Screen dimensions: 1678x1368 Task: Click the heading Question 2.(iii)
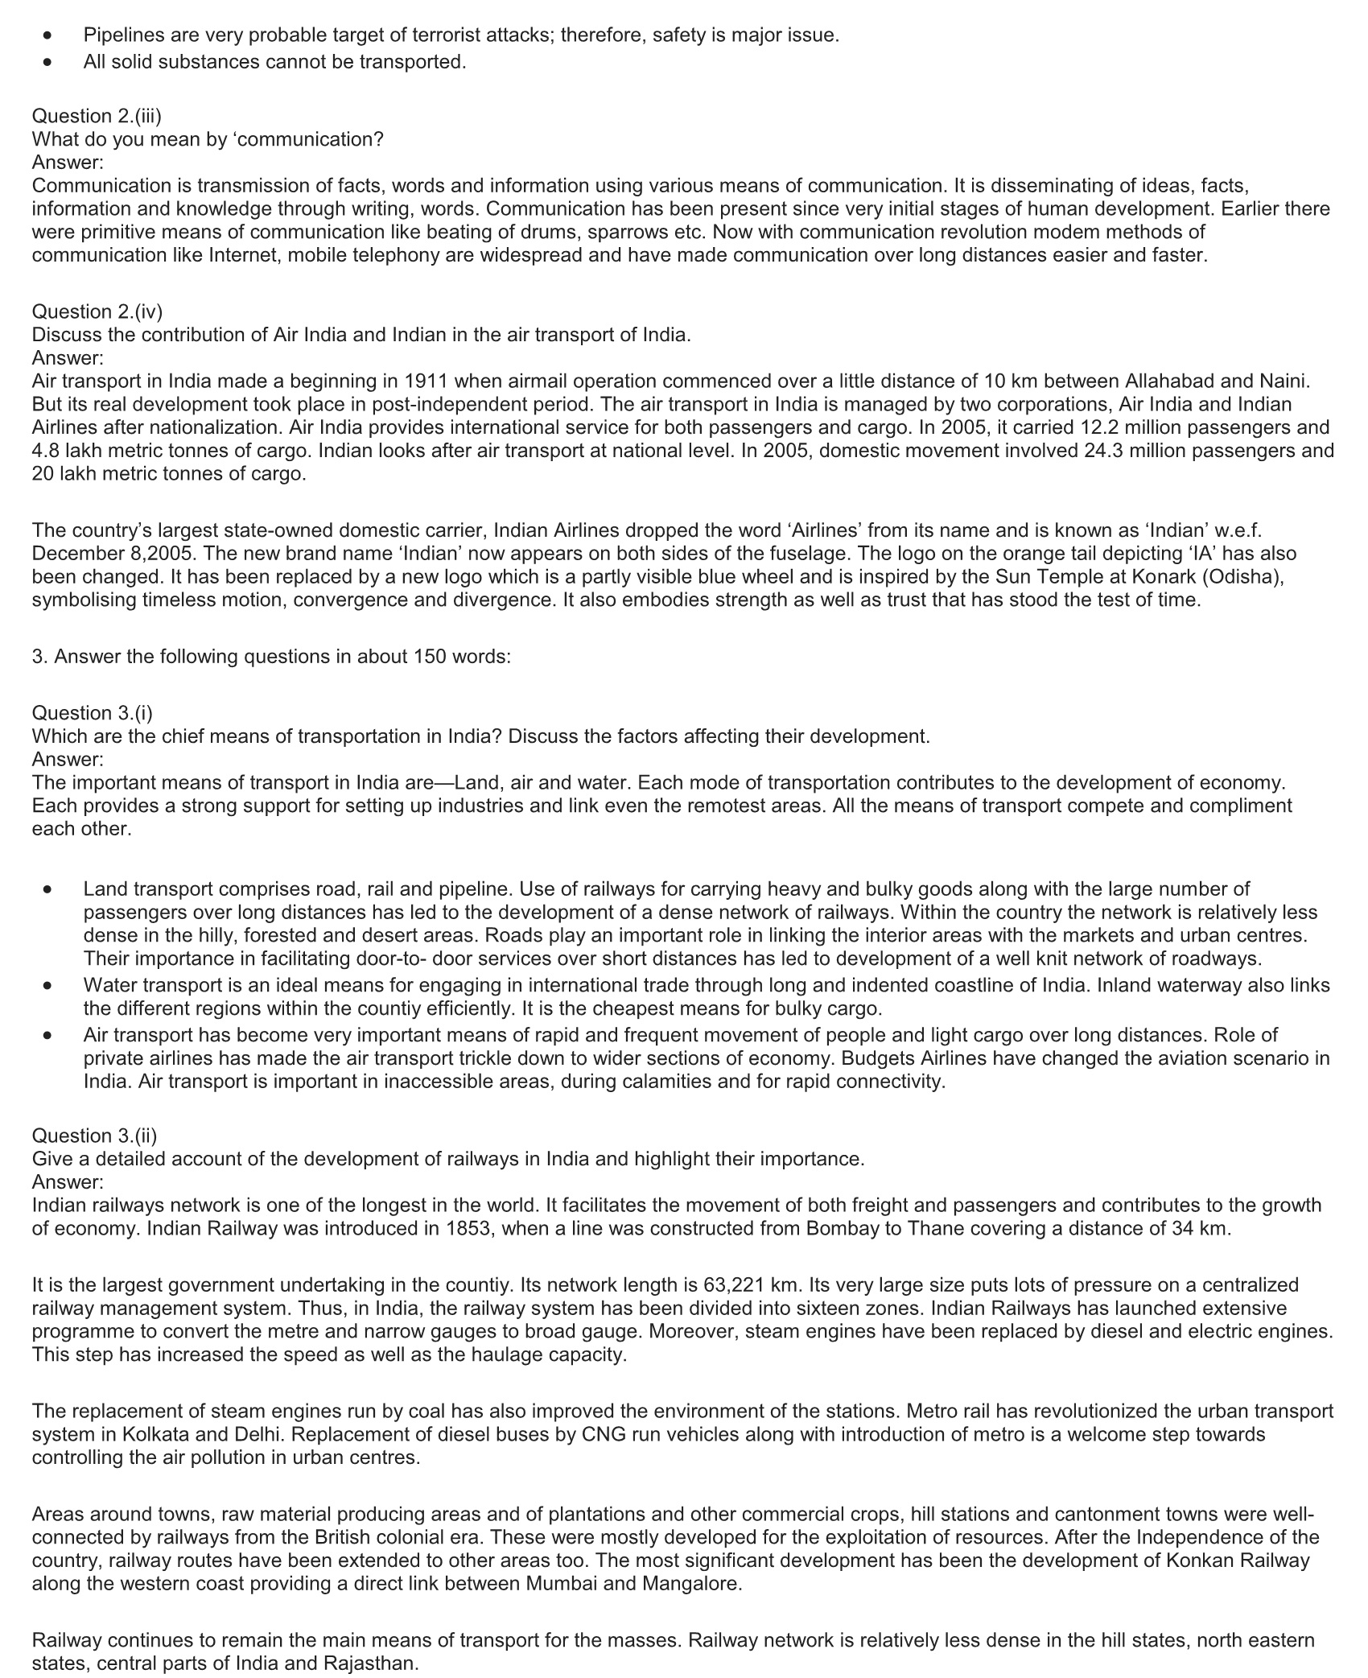[x=97, y=116]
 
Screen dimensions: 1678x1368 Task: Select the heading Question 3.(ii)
[x=94, y=1135]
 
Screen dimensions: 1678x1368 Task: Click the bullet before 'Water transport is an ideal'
[x=49, y=985]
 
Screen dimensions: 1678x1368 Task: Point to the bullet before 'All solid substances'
[x=49, y=62]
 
